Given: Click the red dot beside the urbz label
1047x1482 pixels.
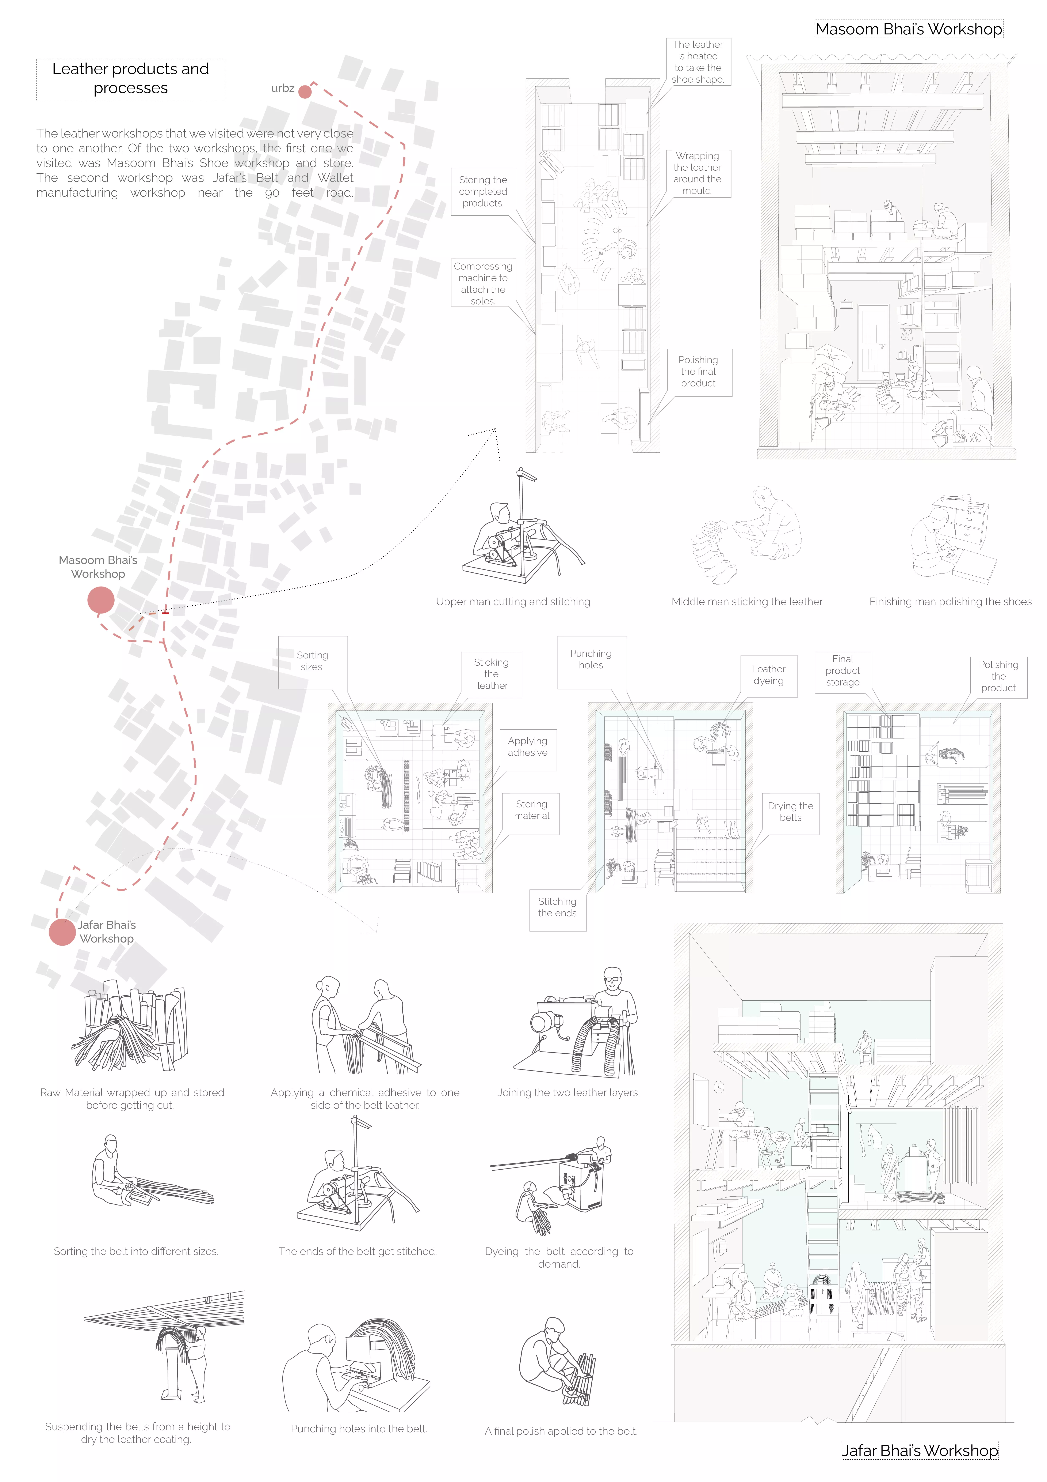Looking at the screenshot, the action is coord(305,92).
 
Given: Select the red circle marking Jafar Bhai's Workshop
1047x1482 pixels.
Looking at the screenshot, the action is coord(62,932).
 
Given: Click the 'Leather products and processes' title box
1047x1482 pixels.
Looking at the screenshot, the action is coord(130,79).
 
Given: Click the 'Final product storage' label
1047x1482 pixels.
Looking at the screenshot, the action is coord(842,671).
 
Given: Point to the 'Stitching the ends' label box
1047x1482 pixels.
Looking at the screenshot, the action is coord(557,907).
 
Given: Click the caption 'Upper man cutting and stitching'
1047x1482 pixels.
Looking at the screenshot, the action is coord(513,602).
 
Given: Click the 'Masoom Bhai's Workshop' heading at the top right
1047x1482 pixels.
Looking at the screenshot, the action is coord(909,29).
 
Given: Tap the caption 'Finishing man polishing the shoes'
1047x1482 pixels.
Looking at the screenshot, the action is coord(950,602).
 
